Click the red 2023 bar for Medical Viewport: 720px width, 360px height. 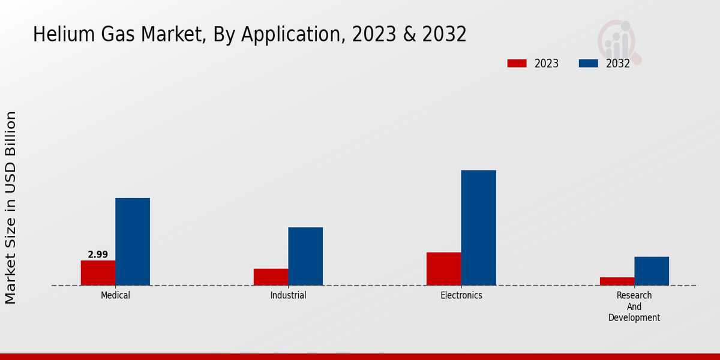point(98,272)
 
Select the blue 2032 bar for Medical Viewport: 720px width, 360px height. point(133,241)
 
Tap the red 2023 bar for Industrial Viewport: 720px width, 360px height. point(271,277)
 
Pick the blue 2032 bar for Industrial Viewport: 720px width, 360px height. point(305,256)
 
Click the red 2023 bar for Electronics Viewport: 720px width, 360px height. point(444,268)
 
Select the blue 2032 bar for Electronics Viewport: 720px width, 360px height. point(479,227)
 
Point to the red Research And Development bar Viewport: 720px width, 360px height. point(617,281)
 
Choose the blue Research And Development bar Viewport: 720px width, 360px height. point(652,271)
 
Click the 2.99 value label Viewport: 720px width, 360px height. point(98,254)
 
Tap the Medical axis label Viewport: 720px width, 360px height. point(115,295)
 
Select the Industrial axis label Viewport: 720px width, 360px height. point(288,295)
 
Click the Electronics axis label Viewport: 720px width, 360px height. point(461,295)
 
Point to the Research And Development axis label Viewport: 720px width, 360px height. point(634,307)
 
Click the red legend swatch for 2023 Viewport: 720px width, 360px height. point(517,64)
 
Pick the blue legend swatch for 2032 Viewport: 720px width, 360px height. point(589,64)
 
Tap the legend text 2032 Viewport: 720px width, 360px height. point(618,64)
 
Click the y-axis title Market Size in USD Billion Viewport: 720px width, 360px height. point(11,207)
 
